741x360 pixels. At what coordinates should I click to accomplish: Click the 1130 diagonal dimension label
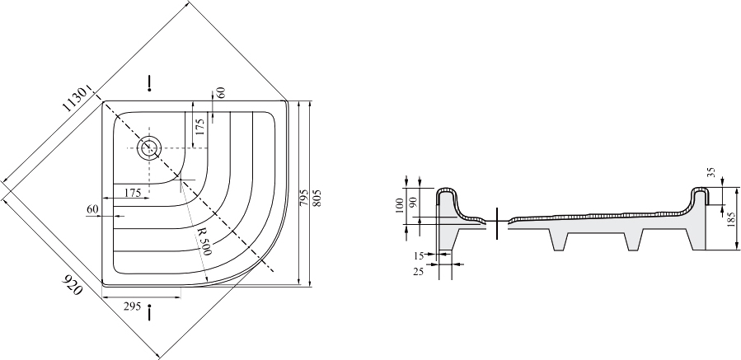point(75,99)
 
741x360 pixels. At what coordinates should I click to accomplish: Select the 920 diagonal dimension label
point(73,284)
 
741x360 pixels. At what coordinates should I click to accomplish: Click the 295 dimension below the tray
point(133,306)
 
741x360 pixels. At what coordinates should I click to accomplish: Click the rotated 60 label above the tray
point(221,92)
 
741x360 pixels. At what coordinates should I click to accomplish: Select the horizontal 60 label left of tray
point(92,208)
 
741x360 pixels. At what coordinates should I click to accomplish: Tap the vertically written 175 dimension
point(200,128)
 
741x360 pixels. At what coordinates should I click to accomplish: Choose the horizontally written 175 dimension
point(133,193)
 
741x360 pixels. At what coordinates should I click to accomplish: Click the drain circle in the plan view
point(149,148)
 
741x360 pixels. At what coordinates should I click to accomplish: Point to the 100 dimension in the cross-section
point(400,205)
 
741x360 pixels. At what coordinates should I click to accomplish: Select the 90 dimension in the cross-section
point(413,203)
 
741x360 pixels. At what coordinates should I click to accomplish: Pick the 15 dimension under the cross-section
point(419,256)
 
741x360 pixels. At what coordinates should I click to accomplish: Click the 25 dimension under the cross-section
point(419,272)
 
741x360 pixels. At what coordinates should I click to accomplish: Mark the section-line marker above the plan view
point(149,82)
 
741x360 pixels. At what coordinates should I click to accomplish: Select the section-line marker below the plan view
point(149,313)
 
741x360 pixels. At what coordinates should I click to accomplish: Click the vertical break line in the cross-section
point(497,223)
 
